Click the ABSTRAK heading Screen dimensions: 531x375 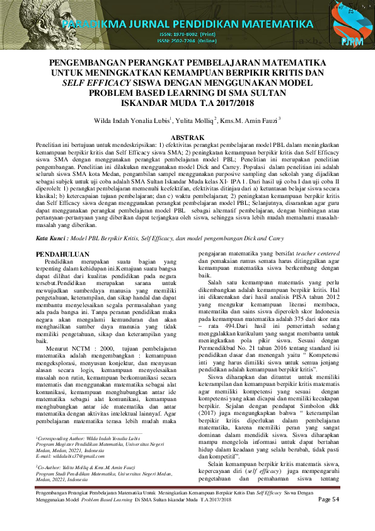pyautogui.click(x=187, y=137)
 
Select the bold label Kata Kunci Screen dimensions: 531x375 pyautogui.click(x=50, y=221)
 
